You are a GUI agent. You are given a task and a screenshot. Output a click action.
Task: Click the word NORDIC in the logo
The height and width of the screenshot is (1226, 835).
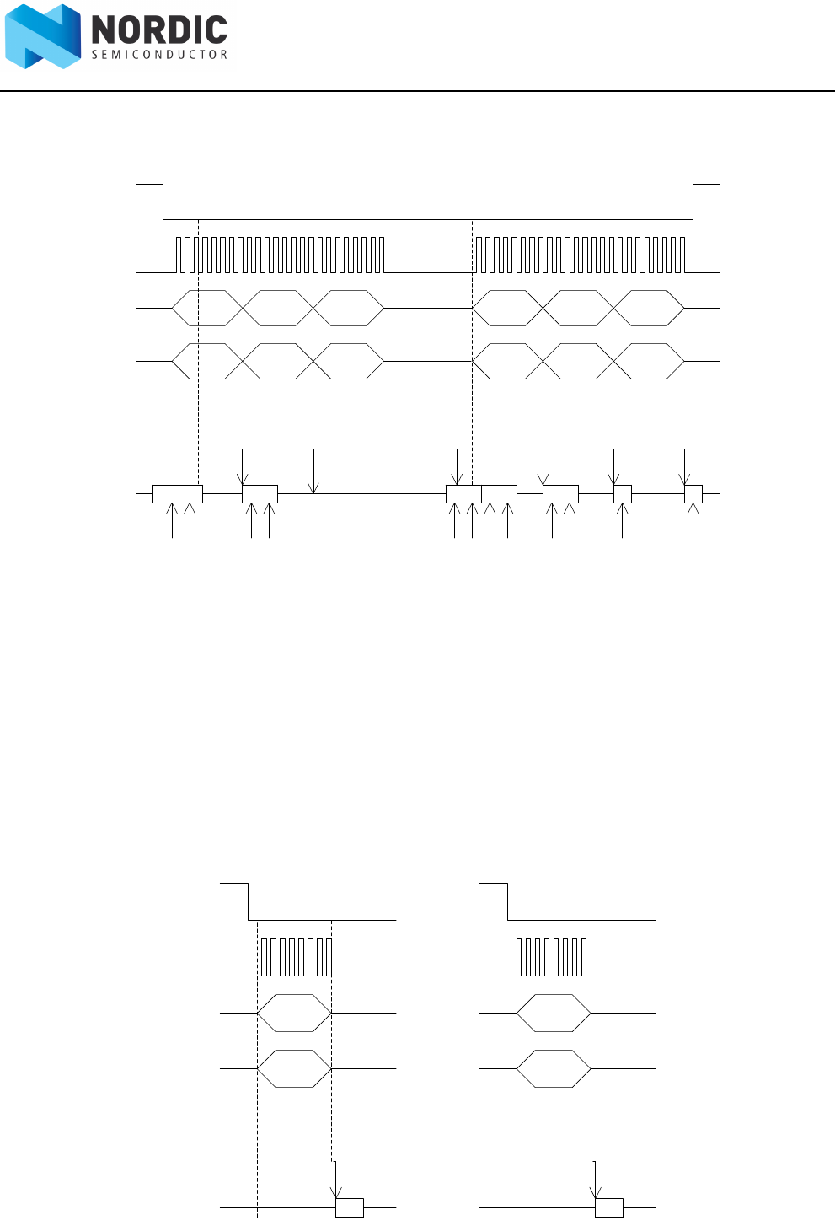[x=159, y=30]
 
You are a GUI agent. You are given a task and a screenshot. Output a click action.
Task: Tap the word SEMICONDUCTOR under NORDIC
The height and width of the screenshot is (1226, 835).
[x=159, y=55]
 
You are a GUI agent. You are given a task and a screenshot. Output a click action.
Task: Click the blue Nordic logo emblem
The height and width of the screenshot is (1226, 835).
[x=43, y=36]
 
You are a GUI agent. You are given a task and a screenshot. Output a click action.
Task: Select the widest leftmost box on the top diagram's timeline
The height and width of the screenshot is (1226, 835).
[x=177, y=494]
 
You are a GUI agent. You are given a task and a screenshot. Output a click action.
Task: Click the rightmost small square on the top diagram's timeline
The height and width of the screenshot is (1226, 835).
[x=693, y=494]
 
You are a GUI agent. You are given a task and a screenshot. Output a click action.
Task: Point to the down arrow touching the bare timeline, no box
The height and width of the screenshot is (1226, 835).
[x=313, y=472]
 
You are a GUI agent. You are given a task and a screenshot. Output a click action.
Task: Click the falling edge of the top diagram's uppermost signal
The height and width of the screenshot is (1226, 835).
[x=163, y=201]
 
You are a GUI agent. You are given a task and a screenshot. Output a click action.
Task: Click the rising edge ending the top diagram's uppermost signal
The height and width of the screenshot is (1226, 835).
[x=693, y=201]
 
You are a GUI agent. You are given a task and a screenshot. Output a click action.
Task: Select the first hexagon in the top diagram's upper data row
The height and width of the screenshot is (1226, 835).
[x=207, y=308]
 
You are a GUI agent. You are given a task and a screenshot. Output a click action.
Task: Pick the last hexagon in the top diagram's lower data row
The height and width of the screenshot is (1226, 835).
[x=649, y=361]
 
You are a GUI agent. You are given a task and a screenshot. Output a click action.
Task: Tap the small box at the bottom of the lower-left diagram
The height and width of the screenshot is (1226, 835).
[x=350, y=1207]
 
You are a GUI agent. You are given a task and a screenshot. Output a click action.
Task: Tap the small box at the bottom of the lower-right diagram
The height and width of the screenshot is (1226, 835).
[x=609, y=1207]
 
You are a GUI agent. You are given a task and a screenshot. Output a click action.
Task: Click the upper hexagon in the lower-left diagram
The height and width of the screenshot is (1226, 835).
[x=294, y=1013]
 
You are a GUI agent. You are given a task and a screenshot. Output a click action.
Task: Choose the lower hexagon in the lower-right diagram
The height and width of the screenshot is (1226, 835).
[x=554, y=1068]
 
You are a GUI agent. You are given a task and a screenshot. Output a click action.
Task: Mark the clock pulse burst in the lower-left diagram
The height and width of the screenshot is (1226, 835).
[x=296, y=957]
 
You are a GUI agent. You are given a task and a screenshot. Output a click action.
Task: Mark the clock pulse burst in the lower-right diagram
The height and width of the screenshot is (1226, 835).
[x=554, y=957]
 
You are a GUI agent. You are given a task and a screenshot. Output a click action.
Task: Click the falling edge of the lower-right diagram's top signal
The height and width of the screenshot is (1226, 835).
[x=508, y=902]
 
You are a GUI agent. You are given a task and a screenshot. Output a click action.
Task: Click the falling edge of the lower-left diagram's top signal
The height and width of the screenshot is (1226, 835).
[x=249, y=902]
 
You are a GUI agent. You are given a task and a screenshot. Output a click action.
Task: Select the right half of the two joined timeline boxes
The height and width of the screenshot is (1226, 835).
[x=499, y=494]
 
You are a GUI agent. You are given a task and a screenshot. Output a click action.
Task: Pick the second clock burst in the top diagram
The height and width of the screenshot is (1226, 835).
[x=581, y=255]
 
